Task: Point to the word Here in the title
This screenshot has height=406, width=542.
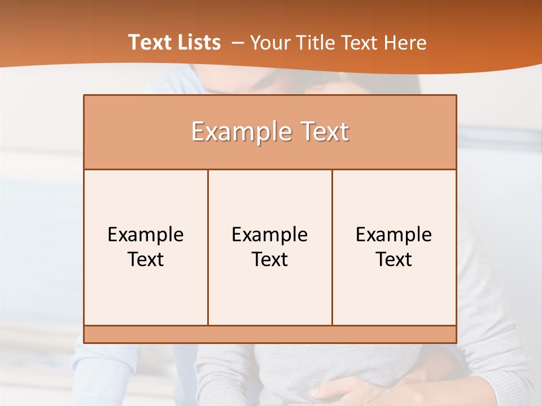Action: tap(405, 42)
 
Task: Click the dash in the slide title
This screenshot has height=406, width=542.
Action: tap(237, 43)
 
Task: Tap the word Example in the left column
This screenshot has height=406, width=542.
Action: tap(146, 235)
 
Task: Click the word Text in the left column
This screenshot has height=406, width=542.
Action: tap(146, 259)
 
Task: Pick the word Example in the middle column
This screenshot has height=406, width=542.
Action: tap(270, 235)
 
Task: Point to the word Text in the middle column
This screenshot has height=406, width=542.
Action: tap(270, 259)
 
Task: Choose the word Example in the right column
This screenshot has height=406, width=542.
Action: tap(394, 235)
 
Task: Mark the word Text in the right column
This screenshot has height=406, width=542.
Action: tap(394, 259)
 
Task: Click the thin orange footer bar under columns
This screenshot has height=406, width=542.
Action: tap(270, 334)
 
